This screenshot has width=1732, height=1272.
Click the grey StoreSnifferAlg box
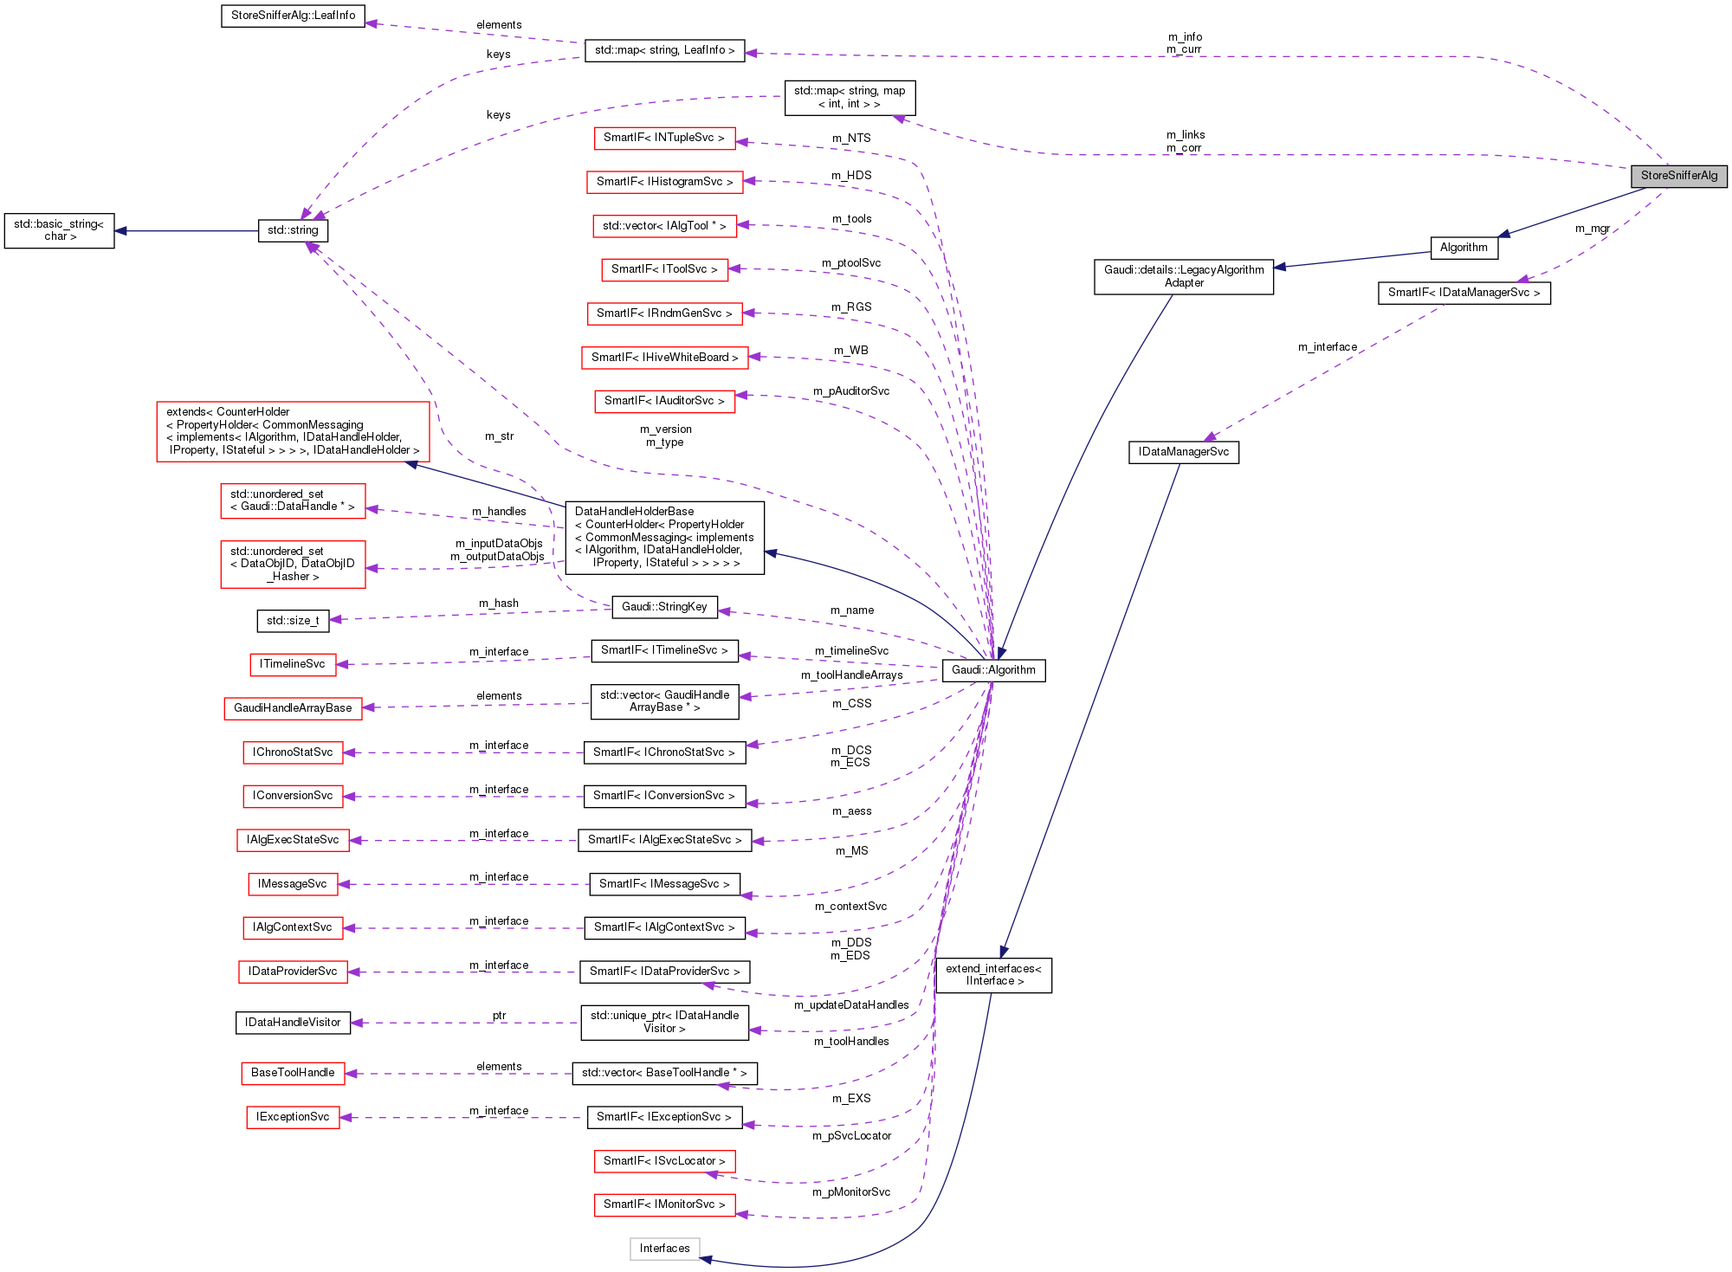pyautogui.click(x=1678, y=176)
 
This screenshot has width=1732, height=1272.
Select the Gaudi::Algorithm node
pyautogui.click(x=993, y=670)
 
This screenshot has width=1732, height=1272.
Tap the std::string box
pyautogui.click(x=293, y=230)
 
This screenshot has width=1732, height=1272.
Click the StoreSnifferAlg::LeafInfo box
pyautogui.click(x=293, y=16)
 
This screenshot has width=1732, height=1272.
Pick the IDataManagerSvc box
pyautogui.click(x=1183, y=452)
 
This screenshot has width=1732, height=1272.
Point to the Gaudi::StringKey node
pyautogui.click(x=664, y=607)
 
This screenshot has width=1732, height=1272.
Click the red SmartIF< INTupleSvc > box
pyautogui.click(x=663, y=138)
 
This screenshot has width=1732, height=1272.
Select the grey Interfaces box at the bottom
pyautogui.click(x=664, y=1249)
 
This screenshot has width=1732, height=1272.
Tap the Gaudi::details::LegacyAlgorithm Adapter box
pyautogui.click(x=1183, y=276)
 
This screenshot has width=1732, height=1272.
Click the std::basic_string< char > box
pyautogui.click(x=59, y=230)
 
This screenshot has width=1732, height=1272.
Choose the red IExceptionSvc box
pyautogui.click(x=293, y=1117)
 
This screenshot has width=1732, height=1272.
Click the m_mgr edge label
pyautogui.click(x=1592, y=229)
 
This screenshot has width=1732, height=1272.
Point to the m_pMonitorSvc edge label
pyautogui.click(x=850, y=1192)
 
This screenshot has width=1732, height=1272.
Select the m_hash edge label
pyautogui.click(x=498, y=604)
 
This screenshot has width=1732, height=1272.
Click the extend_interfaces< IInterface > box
pyautogui.click(x=993, y=975)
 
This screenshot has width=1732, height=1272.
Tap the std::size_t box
pyautogui.click(x=293, y=621)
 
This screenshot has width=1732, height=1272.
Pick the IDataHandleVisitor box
pyautogui.click(x=293, y=1023)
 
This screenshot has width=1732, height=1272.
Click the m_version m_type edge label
pyautogui.click(x=665, y=436)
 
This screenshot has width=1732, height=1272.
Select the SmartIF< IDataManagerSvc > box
pyautogui.click(x=1464, y=293)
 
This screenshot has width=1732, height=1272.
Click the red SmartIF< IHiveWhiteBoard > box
pyautogui.click(x=664, y=358)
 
